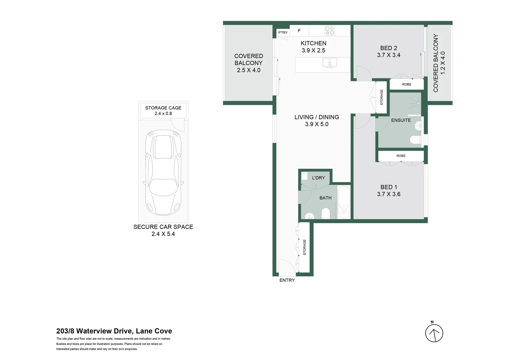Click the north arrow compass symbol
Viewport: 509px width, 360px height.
(434, 333)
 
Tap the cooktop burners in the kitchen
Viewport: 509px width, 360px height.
(329, 31)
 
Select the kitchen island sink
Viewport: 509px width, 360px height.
(329, 62)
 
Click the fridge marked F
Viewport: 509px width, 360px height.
(299, 31)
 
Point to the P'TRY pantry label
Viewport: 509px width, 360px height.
(283, 32)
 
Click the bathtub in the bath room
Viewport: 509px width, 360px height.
(344, 202)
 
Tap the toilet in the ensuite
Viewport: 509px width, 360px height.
(416, 140)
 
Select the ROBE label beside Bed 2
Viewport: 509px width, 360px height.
(406, 84)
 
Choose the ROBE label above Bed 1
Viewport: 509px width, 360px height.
(401, 156)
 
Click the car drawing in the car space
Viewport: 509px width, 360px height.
(163, 172)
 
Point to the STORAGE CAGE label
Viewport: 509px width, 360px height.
(163, 108)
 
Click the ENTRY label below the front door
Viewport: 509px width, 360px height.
(287, 280)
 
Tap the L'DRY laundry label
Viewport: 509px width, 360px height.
(318, 178)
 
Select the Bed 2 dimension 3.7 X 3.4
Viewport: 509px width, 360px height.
(388, 55)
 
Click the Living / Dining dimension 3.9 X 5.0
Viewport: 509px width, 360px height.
(316, 124)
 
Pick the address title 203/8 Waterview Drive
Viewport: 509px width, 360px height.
(114, 331)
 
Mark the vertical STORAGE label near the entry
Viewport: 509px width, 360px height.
(304, 247)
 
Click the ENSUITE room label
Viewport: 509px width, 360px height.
(401, 120)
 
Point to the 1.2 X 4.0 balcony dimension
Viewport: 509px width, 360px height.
(443, 63)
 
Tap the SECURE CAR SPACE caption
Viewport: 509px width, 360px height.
(163, 227)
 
